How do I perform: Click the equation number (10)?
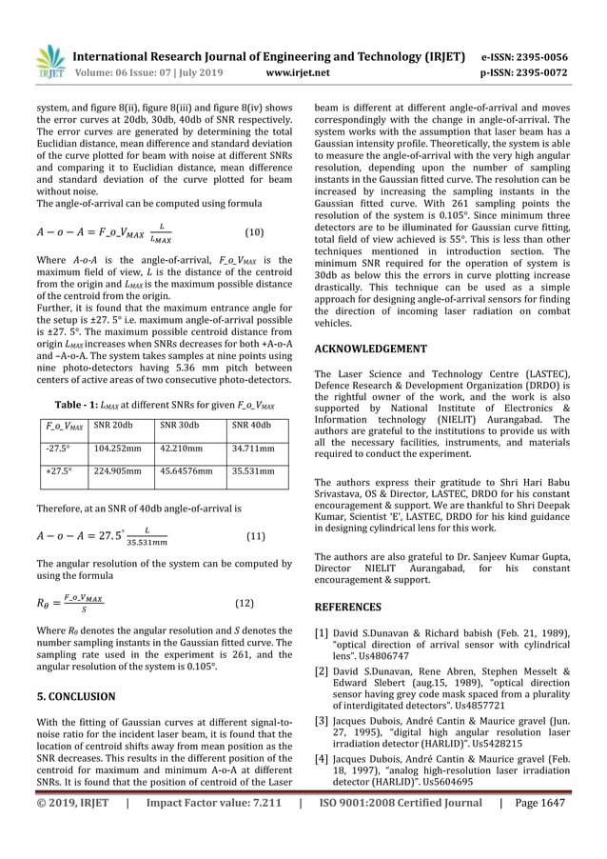[254, 231]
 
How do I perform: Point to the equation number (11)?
[255, 536]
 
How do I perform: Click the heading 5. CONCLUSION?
[75, 696]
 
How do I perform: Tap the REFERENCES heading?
[347, 607]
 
